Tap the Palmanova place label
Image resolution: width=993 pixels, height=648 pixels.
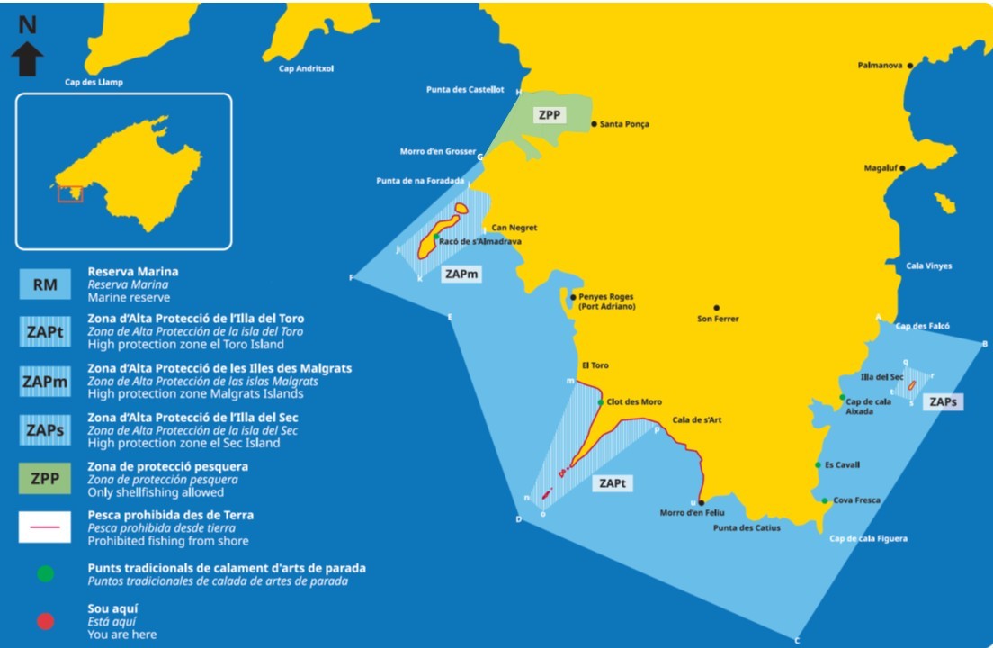880,66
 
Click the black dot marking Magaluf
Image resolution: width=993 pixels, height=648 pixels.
902,168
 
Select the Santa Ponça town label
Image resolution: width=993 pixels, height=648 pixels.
624,124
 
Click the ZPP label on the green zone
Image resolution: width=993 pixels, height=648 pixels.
549,115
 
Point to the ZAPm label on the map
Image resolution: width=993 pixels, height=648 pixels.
461,274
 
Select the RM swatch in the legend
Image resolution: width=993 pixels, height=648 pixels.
45,284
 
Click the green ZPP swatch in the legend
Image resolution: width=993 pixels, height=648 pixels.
45,479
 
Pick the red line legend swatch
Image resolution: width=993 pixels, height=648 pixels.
45,527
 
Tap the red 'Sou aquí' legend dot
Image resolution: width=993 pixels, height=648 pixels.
45,622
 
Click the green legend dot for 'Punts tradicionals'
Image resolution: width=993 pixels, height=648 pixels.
45,574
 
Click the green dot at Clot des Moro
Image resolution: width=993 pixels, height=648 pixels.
601,402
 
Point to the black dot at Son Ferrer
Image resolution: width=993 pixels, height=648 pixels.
717,308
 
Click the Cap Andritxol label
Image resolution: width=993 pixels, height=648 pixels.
306,68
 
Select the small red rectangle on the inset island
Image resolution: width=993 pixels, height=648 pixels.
70,193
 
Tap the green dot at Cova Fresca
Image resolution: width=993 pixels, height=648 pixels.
824,500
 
